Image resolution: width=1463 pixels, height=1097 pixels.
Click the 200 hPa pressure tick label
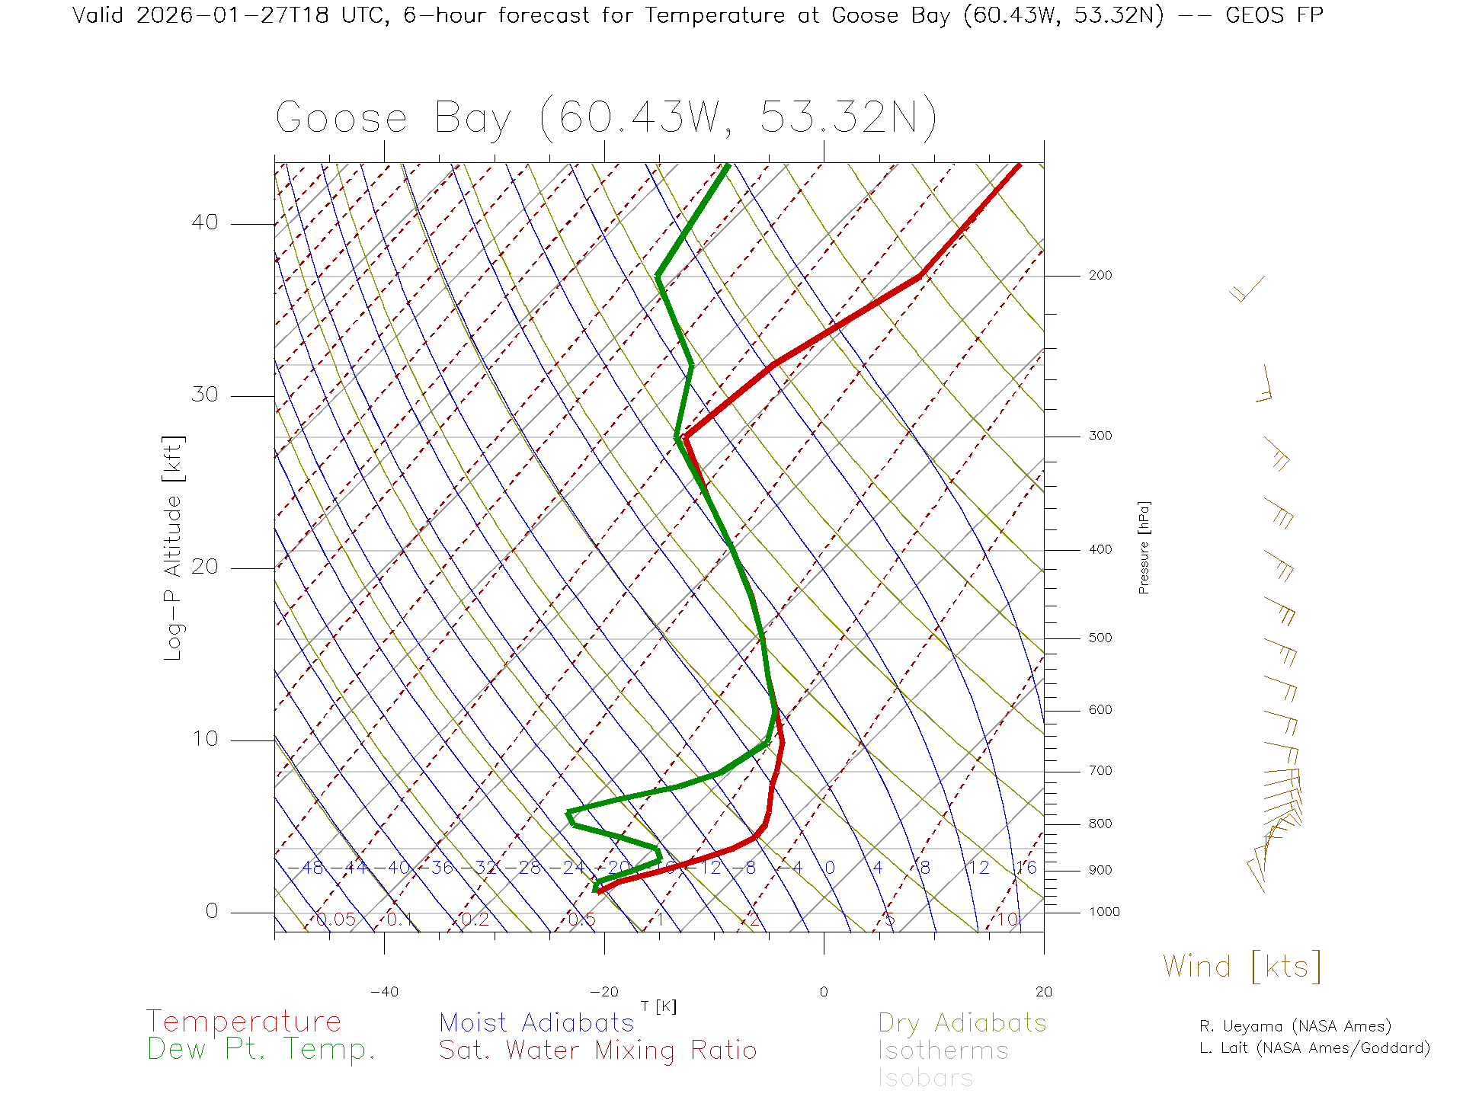coord(1100,275)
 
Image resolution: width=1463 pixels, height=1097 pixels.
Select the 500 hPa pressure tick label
coord(1100,638)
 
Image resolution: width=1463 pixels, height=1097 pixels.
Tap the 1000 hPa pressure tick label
coord(1103,912)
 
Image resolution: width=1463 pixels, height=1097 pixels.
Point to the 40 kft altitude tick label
coord(204,222)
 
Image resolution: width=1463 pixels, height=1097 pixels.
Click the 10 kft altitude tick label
coord(204,739)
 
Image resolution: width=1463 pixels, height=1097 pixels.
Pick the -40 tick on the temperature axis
coord(384,992)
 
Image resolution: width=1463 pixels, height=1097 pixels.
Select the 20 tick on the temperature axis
coord(1043,992)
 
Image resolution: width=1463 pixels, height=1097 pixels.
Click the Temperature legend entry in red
coord(243,1022)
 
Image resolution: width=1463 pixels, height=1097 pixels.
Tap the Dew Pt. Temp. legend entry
coord(261,1050)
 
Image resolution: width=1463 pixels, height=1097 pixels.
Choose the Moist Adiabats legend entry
coord(536,1022)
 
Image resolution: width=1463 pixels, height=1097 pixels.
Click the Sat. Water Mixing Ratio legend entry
coord(597,1051)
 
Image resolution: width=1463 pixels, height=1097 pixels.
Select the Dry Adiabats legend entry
coord(962,1022)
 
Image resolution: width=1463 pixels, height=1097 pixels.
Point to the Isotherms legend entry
coord(943,1051)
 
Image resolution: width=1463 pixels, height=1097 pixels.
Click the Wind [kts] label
coord(1241,967)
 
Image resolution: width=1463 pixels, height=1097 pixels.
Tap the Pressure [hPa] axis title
coord(1144,547)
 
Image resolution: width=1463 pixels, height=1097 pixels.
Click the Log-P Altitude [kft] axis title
coord(174,547)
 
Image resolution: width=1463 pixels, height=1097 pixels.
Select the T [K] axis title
coord(658,1006)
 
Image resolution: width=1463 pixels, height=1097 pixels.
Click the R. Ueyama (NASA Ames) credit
coord(1295,1026)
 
